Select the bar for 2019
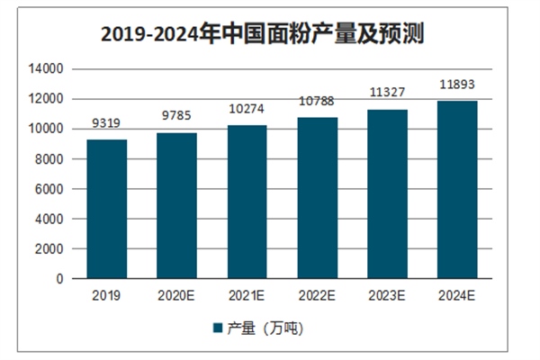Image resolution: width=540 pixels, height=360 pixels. click(107, 209)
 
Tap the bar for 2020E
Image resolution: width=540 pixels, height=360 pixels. click(177, 206)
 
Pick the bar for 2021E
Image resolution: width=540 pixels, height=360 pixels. click(247, 202)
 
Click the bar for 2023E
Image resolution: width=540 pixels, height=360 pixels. click(388, 194)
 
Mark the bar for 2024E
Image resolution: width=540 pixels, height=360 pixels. click(458, 190)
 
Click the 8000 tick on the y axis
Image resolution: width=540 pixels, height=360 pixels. click(49, 159)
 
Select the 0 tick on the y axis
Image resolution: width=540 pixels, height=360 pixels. click(58, 279)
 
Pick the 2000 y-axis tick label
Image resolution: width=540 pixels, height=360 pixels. click(49, 249)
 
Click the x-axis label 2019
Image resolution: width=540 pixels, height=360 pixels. click(107, 295)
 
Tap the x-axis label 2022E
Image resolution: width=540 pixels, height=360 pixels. click(318, 295)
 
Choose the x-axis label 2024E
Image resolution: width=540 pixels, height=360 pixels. click(458, 295)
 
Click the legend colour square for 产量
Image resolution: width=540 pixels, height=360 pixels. click(218, 328)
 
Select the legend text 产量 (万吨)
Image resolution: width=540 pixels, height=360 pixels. click(265, 328)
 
